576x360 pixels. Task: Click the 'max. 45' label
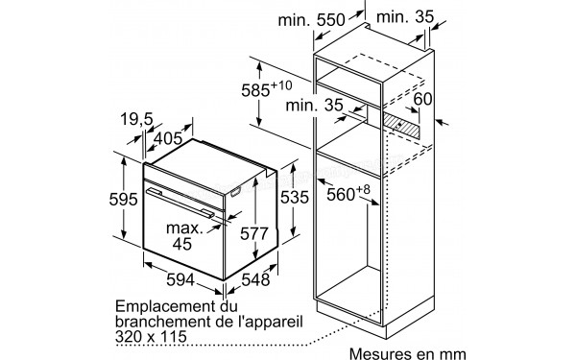click(184, 237)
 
